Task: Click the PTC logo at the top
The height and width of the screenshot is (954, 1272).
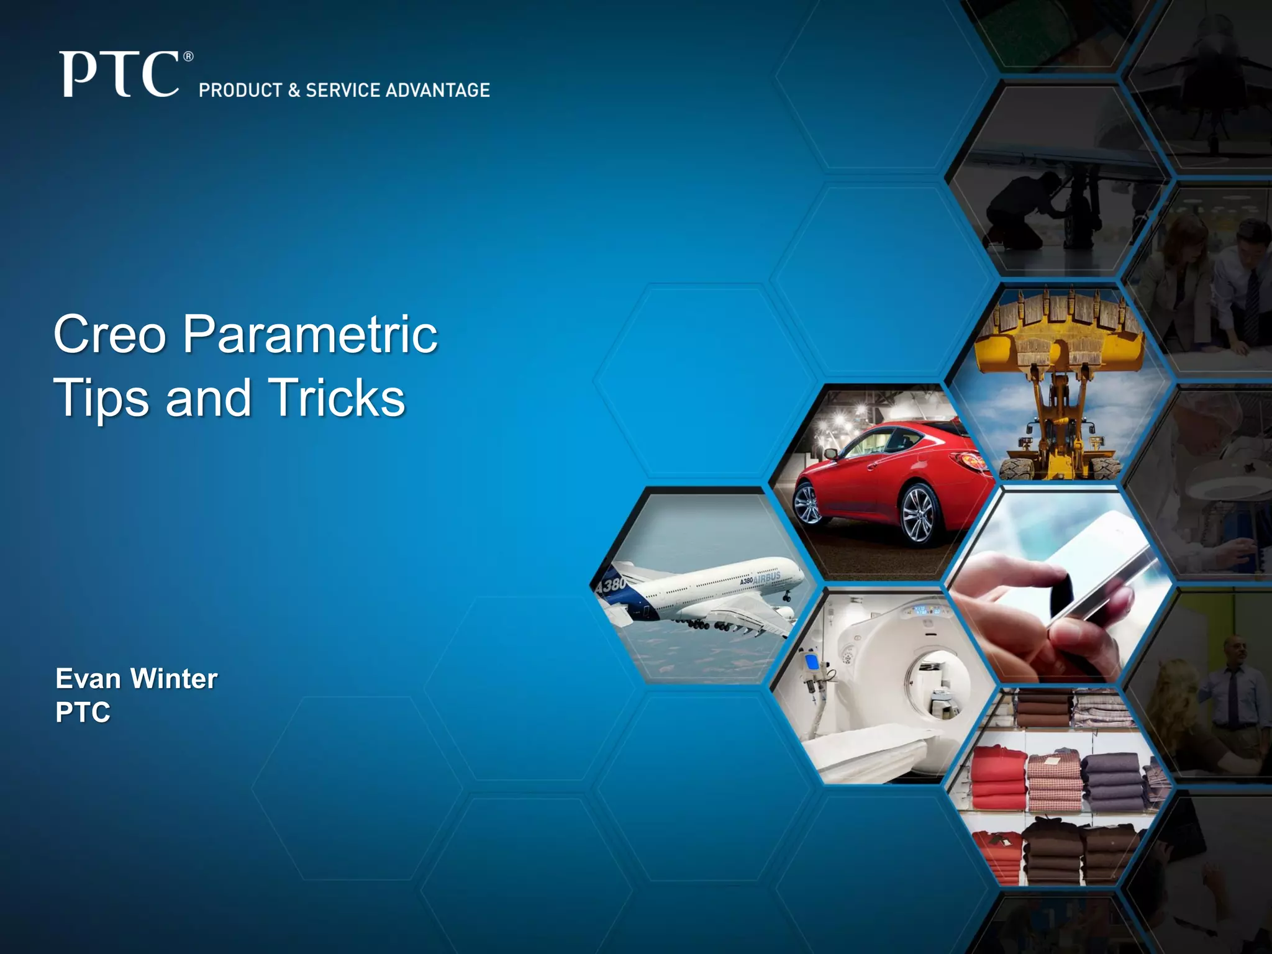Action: point(119,75)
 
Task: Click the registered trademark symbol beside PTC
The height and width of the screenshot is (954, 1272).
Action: point(189,57)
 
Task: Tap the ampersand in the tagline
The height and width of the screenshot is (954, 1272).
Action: point(294,91)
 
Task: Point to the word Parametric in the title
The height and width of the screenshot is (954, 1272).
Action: point(310,334)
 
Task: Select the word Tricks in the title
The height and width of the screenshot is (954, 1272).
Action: point(336,398)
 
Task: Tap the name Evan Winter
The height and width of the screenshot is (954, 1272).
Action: point(137,678)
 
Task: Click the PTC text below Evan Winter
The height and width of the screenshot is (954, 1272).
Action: point(83,712)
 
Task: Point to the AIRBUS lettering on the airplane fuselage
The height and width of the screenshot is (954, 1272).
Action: point(767,577)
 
